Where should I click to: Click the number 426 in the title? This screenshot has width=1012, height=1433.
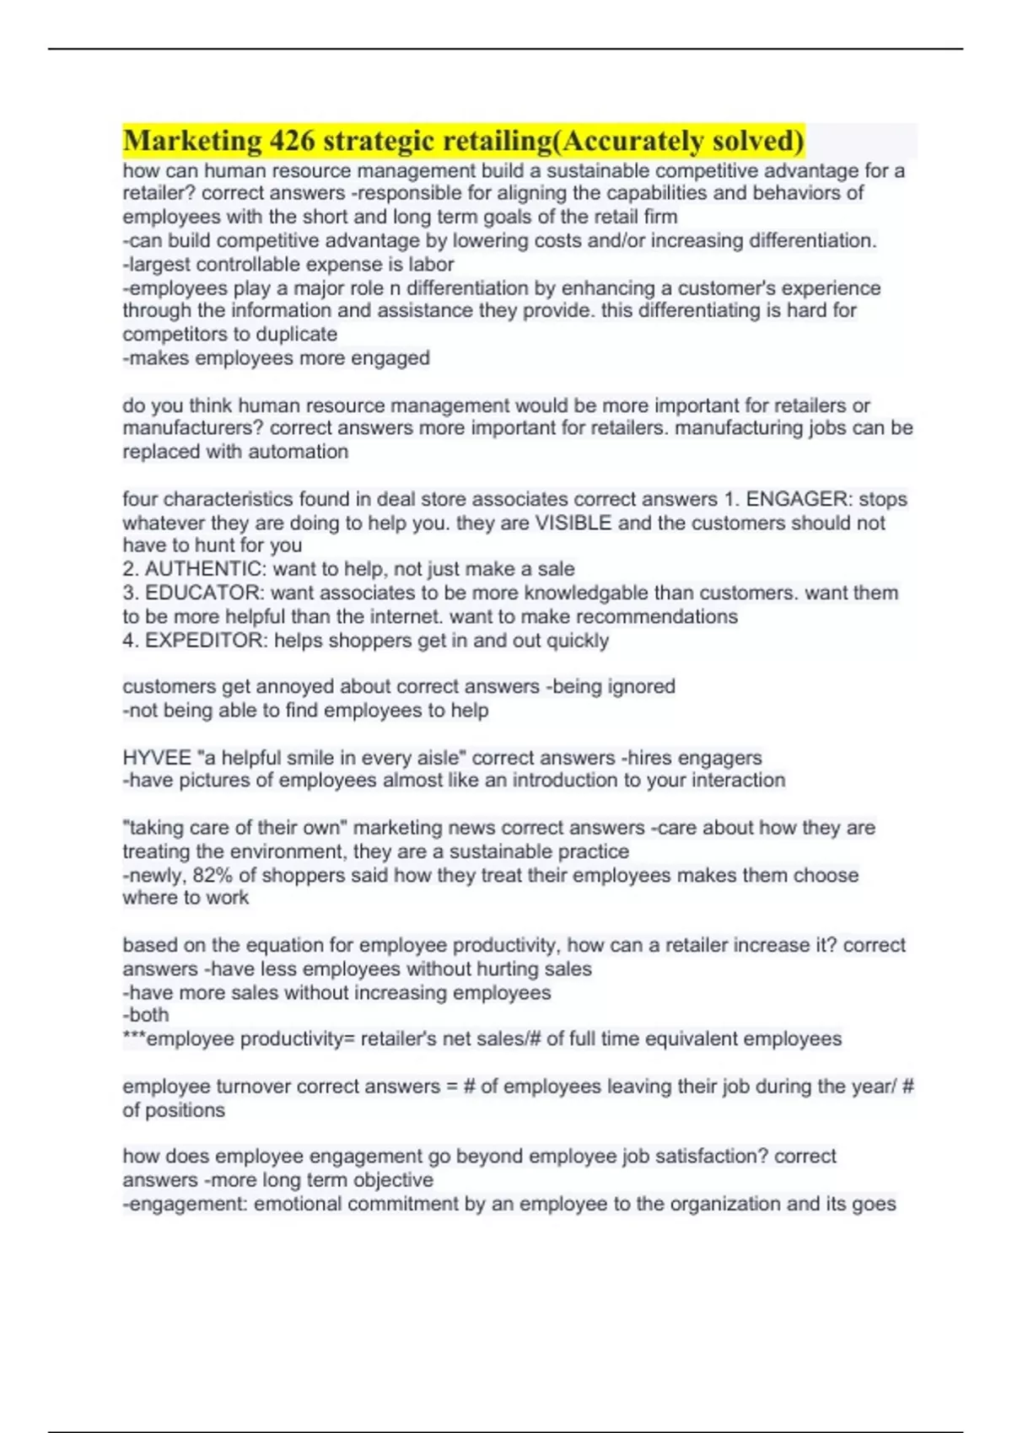[291, 141]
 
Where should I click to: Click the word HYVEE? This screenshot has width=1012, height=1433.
[157, 758]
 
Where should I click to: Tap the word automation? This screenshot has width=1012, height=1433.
[299, 452]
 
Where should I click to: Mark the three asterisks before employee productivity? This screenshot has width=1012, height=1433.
[134, 1037]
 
